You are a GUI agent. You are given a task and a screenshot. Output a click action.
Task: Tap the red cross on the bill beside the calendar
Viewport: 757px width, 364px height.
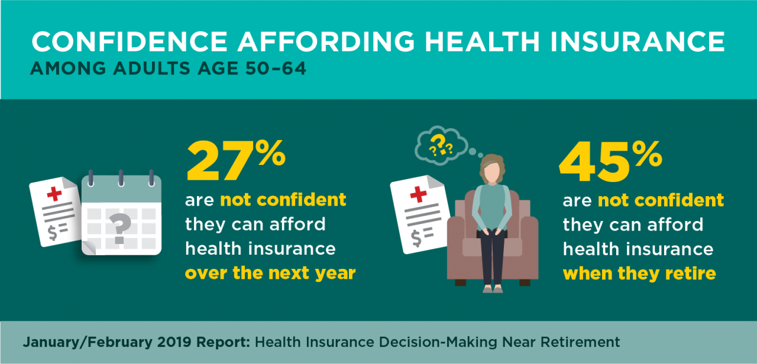coord(53,194)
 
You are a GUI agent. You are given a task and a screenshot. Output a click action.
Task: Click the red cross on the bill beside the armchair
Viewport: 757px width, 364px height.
coord(418,194)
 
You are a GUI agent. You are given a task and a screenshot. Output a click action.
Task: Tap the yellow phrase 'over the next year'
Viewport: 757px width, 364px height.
coord(270,274)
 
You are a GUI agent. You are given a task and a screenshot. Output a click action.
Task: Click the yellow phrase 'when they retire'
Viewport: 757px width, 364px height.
coord(639,274)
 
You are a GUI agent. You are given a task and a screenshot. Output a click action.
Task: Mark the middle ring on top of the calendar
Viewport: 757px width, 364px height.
coord(121,178)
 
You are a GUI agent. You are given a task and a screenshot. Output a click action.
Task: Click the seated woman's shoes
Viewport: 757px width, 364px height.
coord(493,289)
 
